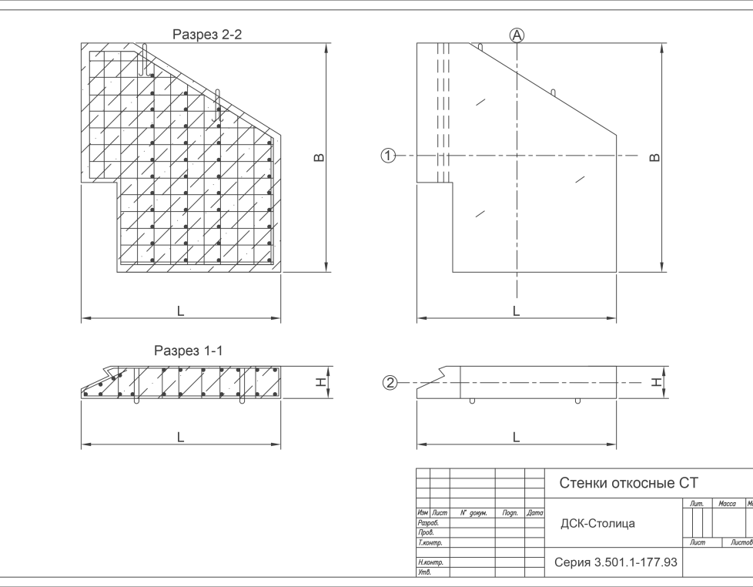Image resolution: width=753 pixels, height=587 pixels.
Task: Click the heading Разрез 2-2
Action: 207,35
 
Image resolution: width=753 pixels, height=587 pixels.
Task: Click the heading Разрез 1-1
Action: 188,351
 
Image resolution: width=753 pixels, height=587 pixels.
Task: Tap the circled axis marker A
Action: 517,35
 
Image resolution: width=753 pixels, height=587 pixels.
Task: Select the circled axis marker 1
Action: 388,156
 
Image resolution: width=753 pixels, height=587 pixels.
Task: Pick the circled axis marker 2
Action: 390,383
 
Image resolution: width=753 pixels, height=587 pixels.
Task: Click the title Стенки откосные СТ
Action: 628,483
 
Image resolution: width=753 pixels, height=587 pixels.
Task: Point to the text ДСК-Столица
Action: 598,523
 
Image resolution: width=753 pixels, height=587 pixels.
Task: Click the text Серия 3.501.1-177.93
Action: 616,562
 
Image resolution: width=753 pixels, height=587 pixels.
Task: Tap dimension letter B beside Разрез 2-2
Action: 319,158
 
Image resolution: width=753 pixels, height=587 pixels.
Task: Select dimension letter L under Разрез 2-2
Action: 181,311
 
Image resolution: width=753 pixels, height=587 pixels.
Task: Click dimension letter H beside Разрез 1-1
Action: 321,382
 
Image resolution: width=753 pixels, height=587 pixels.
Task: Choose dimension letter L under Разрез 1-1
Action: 181,438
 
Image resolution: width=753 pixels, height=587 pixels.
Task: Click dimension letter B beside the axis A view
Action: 654,158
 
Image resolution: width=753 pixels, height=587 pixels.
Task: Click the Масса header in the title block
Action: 727,503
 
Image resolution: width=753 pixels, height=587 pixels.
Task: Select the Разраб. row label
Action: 428,522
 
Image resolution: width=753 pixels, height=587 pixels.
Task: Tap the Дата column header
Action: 534,512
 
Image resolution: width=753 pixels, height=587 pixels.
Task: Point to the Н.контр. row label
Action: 430,562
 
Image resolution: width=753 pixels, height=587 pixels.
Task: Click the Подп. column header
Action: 510,513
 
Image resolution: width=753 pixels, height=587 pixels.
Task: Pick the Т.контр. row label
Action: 430,542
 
